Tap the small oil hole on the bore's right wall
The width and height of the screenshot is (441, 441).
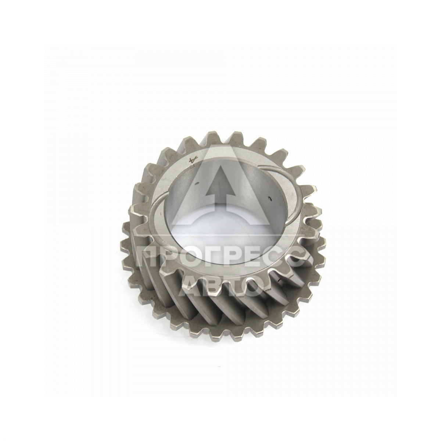point(270,199)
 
